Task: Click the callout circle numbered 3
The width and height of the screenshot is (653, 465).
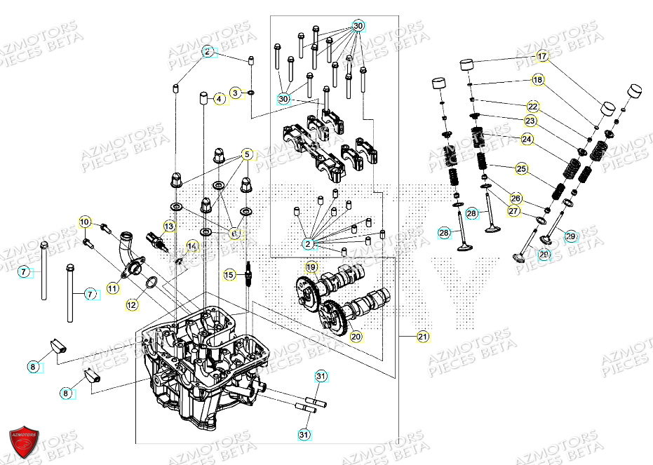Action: (236, 93)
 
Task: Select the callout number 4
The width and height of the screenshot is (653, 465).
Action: (219, 100)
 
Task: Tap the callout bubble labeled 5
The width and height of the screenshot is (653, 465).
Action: (247, 154)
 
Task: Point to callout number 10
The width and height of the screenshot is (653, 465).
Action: (84, 223)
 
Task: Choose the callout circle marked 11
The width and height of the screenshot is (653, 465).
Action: (113, 288)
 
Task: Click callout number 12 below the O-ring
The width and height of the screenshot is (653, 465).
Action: (133, 305)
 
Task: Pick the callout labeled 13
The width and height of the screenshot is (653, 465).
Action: (169, 226)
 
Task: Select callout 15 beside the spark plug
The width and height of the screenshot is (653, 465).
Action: (229, 275)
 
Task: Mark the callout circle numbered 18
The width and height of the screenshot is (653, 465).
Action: (537, 80)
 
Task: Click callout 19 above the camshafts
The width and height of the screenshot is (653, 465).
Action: (311, 267)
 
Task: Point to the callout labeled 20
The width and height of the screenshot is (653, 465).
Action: (356, 337)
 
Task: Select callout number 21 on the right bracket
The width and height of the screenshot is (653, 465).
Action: (422, 337)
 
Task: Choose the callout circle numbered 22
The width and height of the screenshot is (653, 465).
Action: (533, 107)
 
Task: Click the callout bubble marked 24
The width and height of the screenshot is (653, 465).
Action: (527, 140)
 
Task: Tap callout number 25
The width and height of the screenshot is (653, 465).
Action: (521, 169)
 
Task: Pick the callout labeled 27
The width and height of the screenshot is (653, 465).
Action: (514, 211)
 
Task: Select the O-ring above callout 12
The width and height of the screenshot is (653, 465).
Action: (149, 283)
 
